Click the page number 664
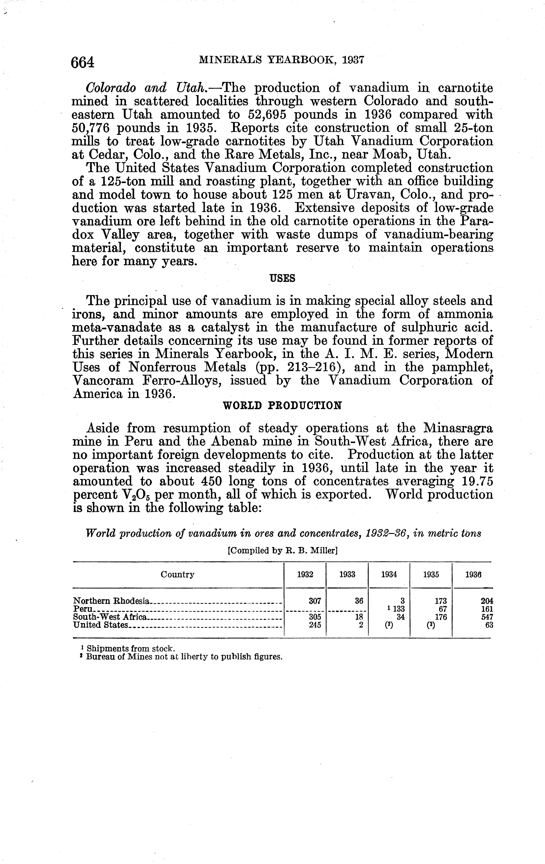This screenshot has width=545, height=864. tap(83, 62)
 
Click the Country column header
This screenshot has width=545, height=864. tap(177, 575)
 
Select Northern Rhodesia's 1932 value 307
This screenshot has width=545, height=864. tap(315, 601)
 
